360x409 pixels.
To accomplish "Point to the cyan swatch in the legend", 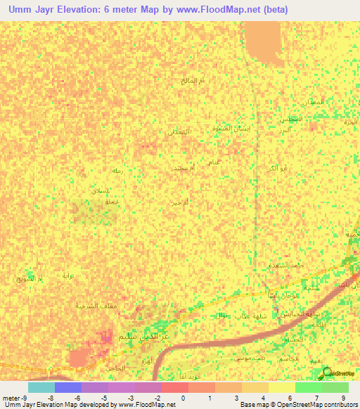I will (x=41, y=388).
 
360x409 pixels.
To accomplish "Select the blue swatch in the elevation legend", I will (x=68, y=388).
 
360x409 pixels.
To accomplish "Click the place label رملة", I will (x=117, y=171).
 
